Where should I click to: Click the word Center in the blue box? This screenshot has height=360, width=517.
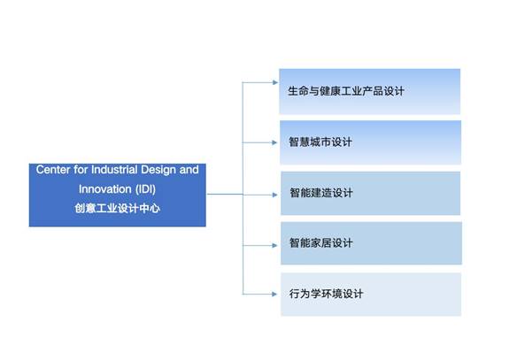point(53,170)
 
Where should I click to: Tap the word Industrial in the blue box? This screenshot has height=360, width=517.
point(114,170)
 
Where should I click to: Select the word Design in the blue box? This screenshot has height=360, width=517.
point(158,171)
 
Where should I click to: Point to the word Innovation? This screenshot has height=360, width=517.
point(104,189)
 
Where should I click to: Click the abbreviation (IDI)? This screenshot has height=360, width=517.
point(145,189)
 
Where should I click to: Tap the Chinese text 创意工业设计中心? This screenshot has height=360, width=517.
point(118,208)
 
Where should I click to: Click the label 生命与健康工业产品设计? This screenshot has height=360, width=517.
point(346,91)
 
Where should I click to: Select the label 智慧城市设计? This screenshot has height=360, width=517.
point(320,142)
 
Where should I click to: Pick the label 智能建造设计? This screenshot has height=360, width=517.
point(321,193)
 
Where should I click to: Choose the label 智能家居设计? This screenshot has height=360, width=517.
point(320,243)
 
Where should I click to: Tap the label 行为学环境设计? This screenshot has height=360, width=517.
point(326,294)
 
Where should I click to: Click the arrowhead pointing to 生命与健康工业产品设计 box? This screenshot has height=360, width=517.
point(275,82)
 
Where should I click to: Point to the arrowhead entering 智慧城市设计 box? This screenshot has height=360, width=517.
point(274,142)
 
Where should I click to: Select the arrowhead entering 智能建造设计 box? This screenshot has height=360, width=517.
point(275,195)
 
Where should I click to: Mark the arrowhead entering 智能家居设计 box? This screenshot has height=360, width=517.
point(274,245)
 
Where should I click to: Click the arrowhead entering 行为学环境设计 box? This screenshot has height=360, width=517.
point(274,295)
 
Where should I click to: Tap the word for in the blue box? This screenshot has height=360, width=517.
point(81,170)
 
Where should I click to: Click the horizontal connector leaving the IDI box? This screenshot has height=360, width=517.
point(225,195)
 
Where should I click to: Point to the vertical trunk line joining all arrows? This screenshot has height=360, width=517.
point(243,188)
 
